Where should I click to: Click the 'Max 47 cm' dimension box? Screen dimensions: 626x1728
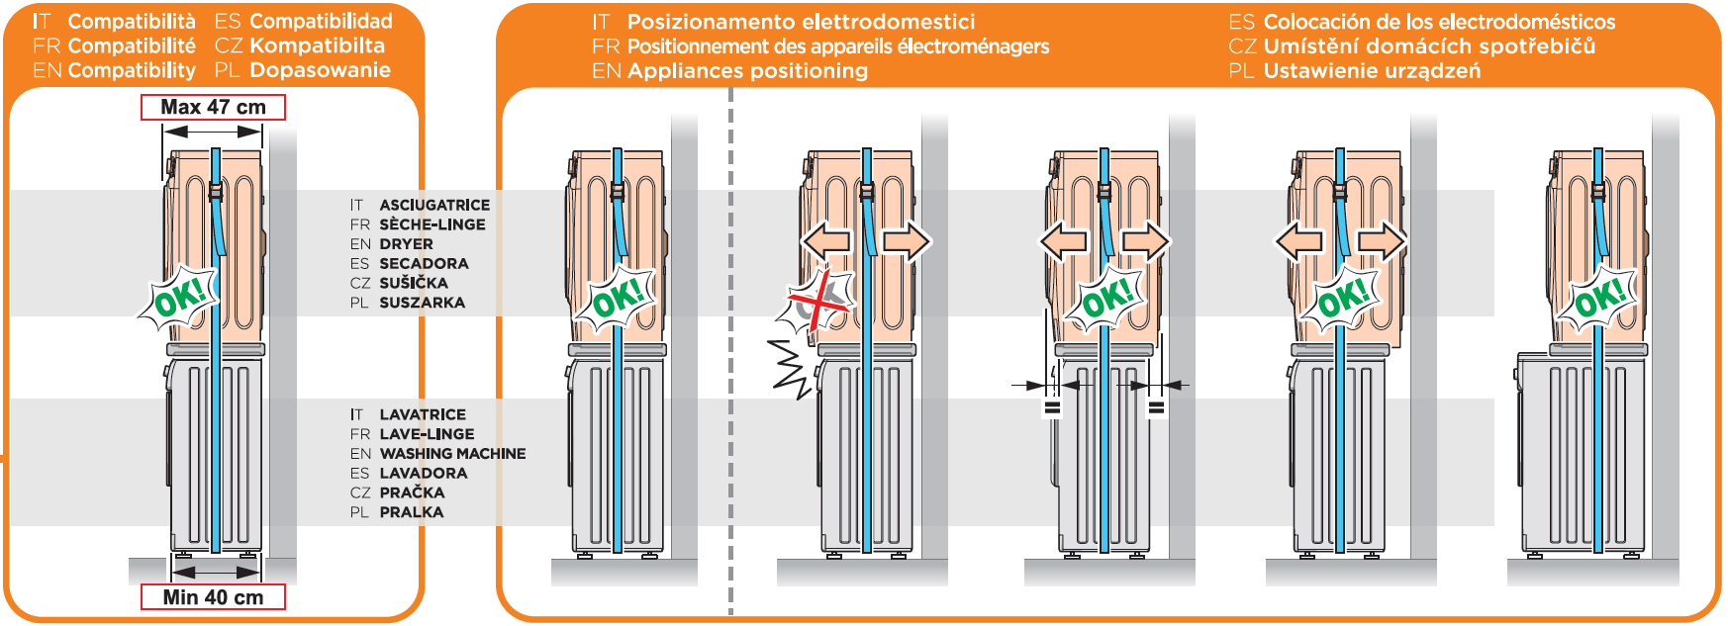[x=213, y=107]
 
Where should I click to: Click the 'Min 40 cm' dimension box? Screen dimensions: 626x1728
[x=213, y=597]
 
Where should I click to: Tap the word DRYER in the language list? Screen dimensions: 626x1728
[x=406, y=243]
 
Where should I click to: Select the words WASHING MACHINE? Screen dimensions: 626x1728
[x=452, y=453]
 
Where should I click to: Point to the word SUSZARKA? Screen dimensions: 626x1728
[x=422, y=303]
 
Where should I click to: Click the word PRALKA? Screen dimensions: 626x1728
[x=411, y=512]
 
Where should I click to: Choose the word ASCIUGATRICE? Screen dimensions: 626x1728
[x=434, y=205]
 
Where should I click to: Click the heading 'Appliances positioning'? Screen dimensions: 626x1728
[x=747, y=70]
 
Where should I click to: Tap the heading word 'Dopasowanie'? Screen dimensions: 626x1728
[x=320, y=70]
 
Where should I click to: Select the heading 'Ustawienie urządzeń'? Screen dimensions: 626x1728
[x=1372, y=70]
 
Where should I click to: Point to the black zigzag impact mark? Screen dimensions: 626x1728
[x=792, y=368]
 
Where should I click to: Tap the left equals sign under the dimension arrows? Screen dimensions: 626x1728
[x=1052, y=406]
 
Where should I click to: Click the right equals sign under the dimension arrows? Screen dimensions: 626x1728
[x=1156, y=406]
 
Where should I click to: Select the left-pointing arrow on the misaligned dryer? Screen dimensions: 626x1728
[x=826, y=240]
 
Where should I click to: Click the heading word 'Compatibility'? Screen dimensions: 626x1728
[x=132, y=70]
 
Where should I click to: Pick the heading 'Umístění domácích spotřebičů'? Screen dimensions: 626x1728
[x=1429, y=45]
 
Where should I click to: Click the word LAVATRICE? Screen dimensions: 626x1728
[x=423, y=414]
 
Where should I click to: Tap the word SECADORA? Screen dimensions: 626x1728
[x=424, y=263]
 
